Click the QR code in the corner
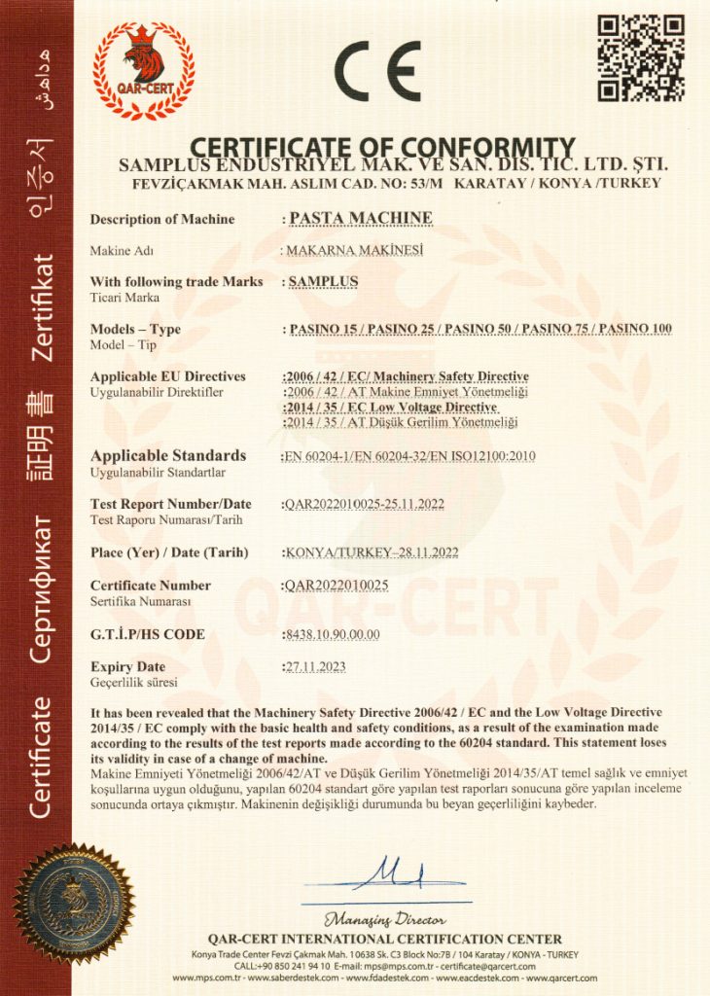[x=640, y=57]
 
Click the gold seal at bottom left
[x=74, y=904]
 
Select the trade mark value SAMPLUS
[x=325, y=282]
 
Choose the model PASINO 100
[x=635, y=329]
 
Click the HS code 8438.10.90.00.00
[x=332, y=635]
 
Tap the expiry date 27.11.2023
[x=314, y=667]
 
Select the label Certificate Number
[x=150, y=586]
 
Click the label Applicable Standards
[x=167, y=455]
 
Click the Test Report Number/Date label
[x=170, y=504]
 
